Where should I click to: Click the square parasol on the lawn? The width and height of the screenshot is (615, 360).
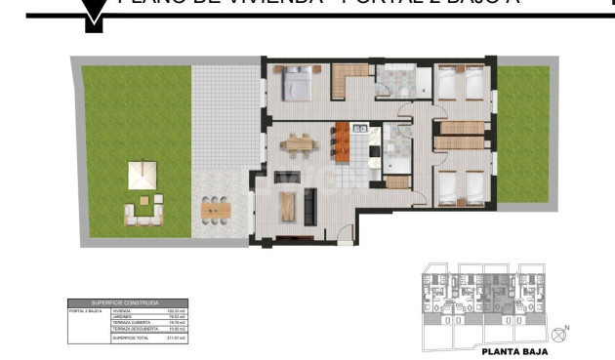tap(143, 176)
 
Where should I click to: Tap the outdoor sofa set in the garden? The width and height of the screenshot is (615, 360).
tap(143, 212)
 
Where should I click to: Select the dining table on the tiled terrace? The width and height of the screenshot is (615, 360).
tap(216, 208)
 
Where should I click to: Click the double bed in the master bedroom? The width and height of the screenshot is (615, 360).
tap(295, 84)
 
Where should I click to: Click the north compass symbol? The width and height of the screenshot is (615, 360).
tap(558, 335)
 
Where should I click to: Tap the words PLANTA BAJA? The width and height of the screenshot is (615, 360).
tap(513, 352)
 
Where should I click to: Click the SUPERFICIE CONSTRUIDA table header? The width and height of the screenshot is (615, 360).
tap(125, 303)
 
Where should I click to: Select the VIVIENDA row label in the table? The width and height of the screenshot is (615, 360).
tap(121, 310)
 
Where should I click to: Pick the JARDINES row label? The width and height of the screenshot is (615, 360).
tap(121, 316)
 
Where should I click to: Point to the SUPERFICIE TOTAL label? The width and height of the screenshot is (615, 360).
tap(130, 338)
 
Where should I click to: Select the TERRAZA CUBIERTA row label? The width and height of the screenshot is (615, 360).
tap(128, 323)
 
